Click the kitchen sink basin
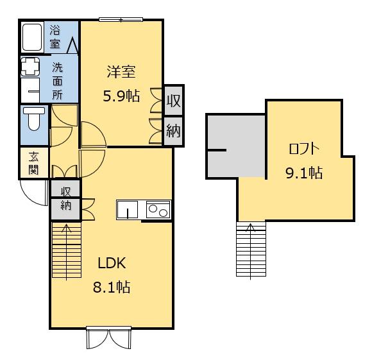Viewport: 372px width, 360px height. point(128,210)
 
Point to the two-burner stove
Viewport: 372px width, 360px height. point(158,210)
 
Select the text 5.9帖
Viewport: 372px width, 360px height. point(121,96)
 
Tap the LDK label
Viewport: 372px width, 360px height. point(114,262)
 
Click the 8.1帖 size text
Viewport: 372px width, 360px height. point(114,286)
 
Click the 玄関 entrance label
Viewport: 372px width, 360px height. point(33,163)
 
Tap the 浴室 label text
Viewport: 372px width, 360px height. point(55,37)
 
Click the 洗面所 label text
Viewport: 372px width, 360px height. point(58,80)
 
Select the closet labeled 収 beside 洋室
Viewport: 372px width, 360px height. point(173,101)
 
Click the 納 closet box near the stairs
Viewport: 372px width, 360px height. point(65,207)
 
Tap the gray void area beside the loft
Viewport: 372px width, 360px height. point(236,145)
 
